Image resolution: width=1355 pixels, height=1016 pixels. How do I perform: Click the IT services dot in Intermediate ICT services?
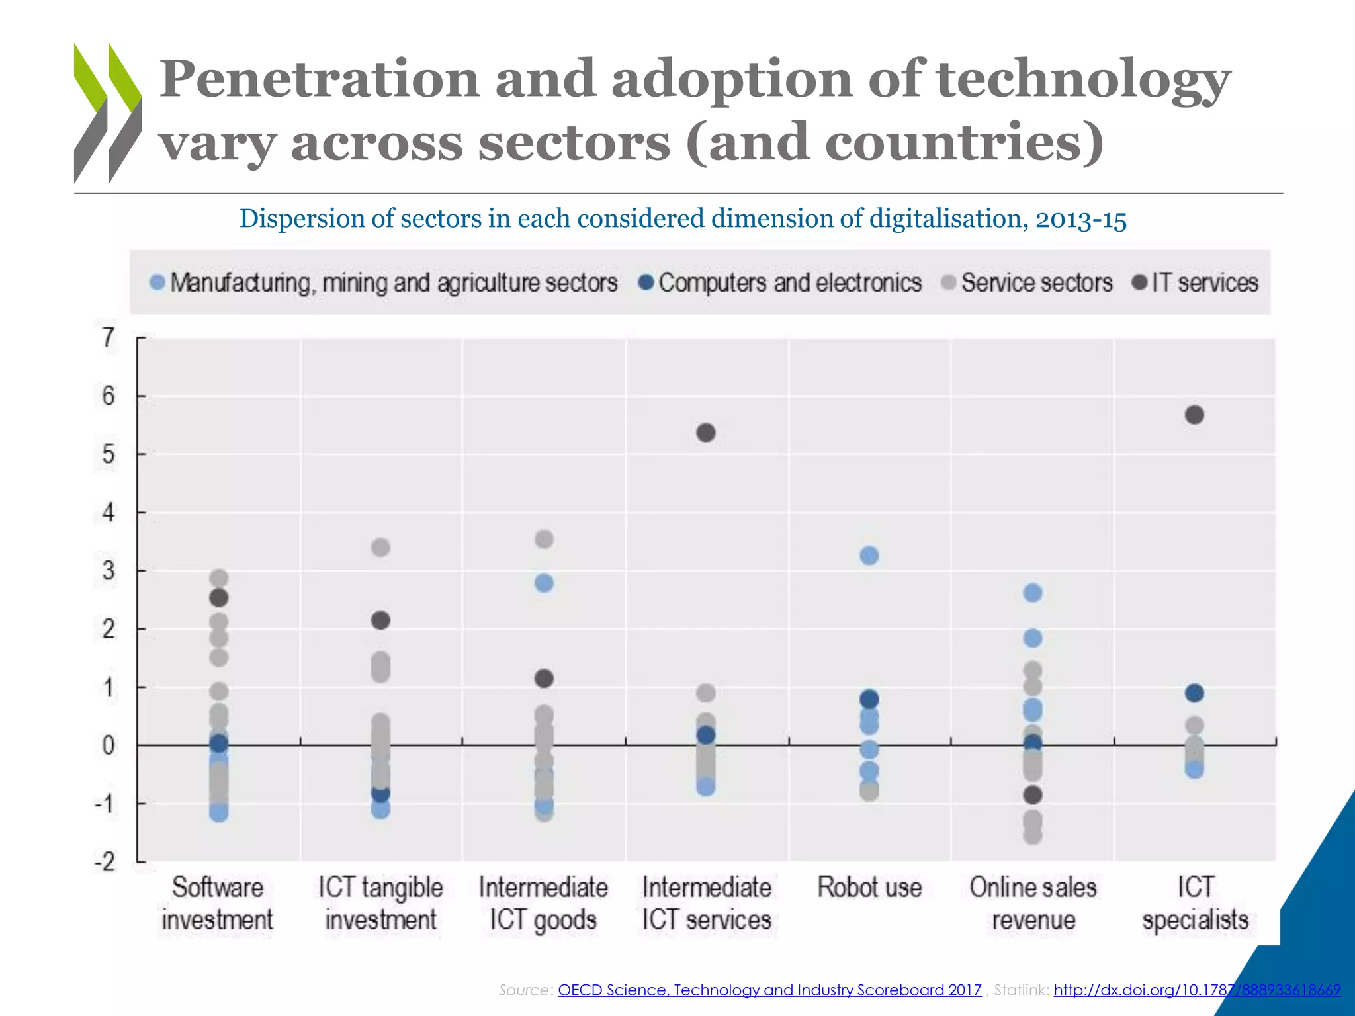coord(706,433)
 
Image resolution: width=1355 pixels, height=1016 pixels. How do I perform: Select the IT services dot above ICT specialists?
coord(1194,415)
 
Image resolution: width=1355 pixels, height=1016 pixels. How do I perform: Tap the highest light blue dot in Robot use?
coord(869,555)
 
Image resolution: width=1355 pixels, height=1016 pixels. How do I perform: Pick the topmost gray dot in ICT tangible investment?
coord(380,547)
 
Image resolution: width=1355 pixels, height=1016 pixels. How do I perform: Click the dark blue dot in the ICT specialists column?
coord(1194,693)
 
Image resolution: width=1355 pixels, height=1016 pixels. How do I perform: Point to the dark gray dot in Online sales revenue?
coord(1033,794)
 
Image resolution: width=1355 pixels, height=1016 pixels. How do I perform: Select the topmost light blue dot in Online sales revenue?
coord(1033,593)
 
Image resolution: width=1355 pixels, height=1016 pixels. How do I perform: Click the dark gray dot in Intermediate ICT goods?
coord(544,678)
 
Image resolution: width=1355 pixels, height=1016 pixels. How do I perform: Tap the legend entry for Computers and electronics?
coord(780,283)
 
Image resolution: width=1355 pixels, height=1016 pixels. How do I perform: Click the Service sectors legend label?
coord(1036,283)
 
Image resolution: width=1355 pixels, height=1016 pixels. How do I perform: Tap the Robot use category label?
coord(869,887)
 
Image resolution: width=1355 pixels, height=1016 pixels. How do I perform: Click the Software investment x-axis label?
coord(218,903)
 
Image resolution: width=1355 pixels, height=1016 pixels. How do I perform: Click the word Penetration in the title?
coord(319,79)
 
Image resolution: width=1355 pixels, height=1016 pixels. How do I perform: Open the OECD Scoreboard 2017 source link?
coord(769,990)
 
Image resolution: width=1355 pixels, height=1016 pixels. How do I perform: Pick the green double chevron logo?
coord(107,112)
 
